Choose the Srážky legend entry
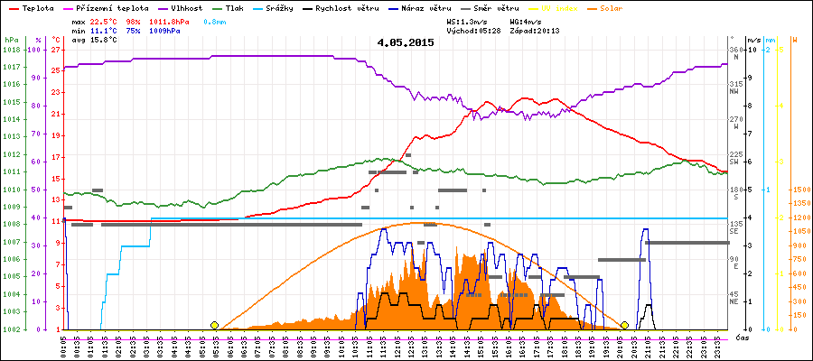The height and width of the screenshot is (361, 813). coord(276,7)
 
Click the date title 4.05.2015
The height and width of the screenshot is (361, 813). coord(406,42)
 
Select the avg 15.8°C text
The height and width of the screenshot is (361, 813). coord(94,39)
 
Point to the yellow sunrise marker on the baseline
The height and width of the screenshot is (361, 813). coord(214,325)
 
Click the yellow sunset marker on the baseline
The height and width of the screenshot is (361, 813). coord(624,325)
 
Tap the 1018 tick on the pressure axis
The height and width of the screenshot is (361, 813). coord(11,50)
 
